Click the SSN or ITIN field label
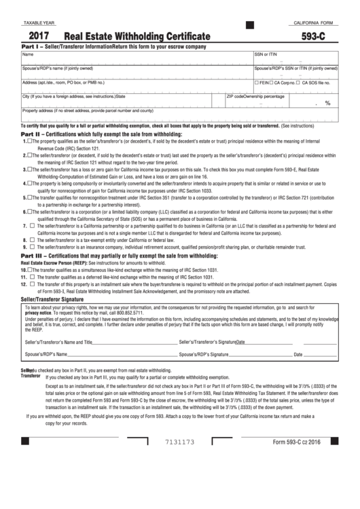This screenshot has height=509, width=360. tap(266, 54)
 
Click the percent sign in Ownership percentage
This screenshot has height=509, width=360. tap(327, 103)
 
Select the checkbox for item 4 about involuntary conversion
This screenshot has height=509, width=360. tap(26, 183)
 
